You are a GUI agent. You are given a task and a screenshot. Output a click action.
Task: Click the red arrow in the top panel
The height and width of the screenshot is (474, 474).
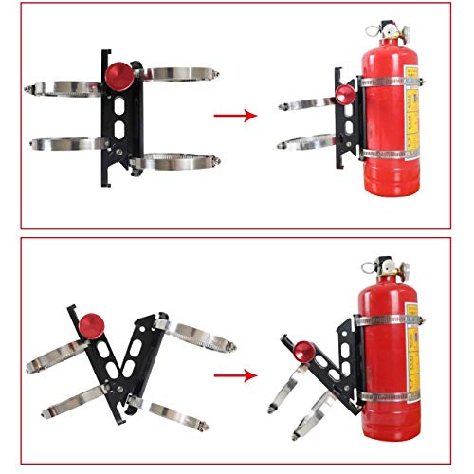pyautogui.click(x=235, y=116)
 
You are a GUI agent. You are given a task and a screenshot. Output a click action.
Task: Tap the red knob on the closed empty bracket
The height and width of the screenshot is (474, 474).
pyautogui.click(x=118, y=74)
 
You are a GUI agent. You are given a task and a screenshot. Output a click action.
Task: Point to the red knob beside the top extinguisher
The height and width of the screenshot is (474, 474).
pyautogui.click(x=342, y=96)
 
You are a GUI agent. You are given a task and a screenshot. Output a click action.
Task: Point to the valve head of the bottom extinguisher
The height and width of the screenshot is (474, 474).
pyautogui.click(x=382, y=269)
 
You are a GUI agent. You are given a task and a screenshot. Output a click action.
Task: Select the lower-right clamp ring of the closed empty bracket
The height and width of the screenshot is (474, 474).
pyautogui.click(x=175, y=161)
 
